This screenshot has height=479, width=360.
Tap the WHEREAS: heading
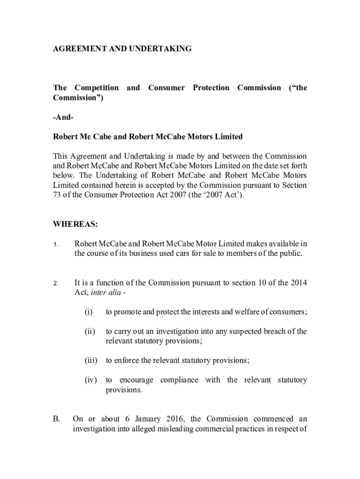click(x=75, y=225)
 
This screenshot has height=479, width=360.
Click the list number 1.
click(x=55, y=245)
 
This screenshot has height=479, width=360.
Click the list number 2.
click(x=55, y=283)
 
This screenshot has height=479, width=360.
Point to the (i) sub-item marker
click(x=88, y=312)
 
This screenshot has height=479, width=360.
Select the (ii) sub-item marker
click(x=89, y=332)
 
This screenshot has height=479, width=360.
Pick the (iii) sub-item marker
click(x=90, y=361)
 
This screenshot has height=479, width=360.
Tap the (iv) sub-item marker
click(x=90, y=380)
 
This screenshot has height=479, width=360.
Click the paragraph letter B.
click(x=56, y=419)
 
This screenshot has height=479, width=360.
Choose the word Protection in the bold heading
click(x=211, y=88)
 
